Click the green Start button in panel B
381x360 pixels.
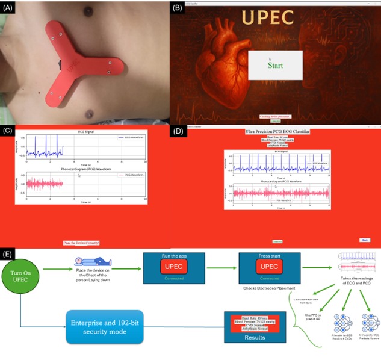(275, 65)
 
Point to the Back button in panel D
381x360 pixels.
(364, 240)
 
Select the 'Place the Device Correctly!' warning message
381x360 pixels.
(81, 243)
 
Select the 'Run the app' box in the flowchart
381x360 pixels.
(174, 267)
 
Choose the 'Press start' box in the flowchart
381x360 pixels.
(269, 267)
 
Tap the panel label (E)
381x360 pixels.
(8, 255)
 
